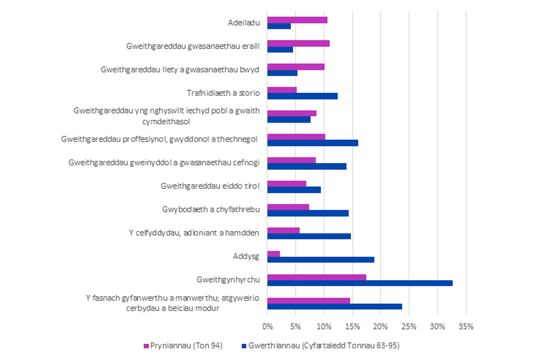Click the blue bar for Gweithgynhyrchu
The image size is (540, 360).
point(360,283)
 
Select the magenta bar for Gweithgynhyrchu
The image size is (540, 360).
point(317,277)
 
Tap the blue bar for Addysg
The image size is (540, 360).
point(321,259)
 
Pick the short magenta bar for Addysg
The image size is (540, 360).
point(273,254)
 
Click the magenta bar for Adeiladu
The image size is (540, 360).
point(297,20)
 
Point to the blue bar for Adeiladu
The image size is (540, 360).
point(279,26)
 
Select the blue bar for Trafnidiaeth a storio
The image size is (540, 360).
point(302,96)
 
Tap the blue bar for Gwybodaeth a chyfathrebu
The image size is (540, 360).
point(308,213)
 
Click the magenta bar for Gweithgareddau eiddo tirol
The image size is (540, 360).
point(287,183)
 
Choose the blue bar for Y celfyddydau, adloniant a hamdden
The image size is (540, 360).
point(309,236)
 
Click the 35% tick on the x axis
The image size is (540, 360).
point(466,326)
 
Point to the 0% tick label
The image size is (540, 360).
point(267,326)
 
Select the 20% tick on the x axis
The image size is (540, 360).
point(380,326)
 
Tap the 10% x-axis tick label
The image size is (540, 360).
point(323,326)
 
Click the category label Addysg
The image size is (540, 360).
point(246,256)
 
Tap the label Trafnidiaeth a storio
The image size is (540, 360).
point(223,93)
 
